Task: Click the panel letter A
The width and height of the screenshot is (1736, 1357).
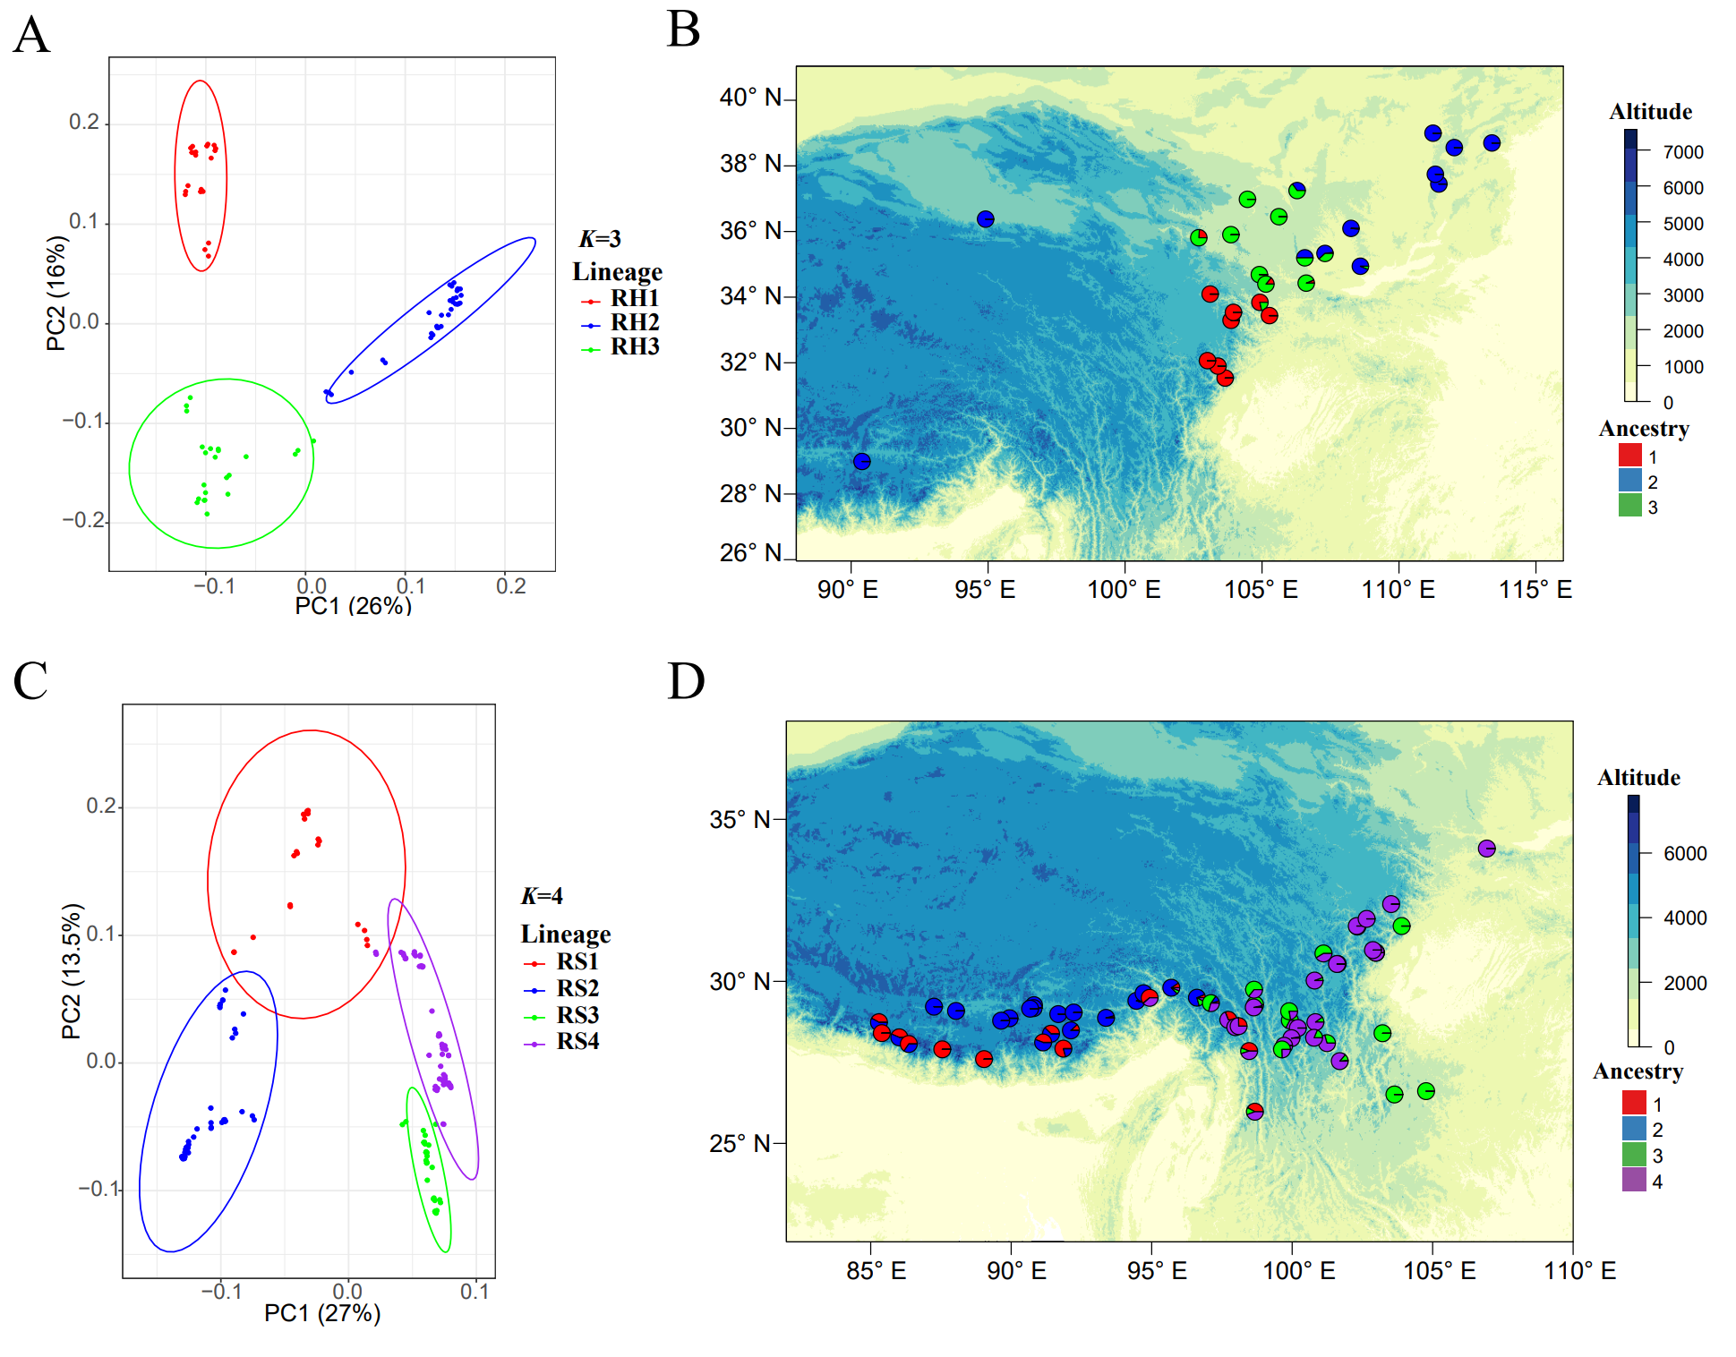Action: pyautogui.click(x=31, y=37)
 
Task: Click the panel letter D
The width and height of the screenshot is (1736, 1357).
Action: pyautogui.click(x=686, y=681)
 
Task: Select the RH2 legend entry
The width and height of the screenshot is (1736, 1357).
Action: pyautogui.click(x=634, y=322)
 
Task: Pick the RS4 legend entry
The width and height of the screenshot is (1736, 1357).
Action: pyautogui.click(x=577, y=1042)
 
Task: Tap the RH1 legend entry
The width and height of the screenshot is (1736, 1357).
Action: pyautogui.click(x=634, y=298)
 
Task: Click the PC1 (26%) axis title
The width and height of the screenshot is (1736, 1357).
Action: pyautogui.click(x=353, y=606)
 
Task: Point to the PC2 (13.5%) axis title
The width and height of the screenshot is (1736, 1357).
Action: pyautogui.click(x=72, y=971)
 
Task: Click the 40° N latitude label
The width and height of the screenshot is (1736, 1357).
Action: pyautogui.click(x=750, y=98)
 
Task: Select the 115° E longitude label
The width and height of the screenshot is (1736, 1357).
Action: pyautogui.click(x=1535, y=590)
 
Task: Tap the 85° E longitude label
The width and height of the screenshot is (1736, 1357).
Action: pyautogui.click(x=876, y=1271)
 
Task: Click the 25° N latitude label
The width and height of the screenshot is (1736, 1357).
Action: pyautogui.click(x=740, y=1143)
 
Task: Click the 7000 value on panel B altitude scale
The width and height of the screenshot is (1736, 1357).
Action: pyautogui.click(x=1683, y=152)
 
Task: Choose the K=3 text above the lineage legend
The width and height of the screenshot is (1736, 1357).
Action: pyautogui.click(x=600, y=239)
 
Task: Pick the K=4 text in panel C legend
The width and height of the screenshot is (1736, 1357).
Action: pyautogui.click(x=542, y=896)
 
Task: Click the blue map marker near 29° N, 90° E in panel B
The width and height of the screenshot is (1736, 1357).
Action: pyautogui.click(x=861, y=462)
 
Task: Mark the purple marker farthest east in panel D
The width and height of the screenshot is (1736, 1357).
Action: pyautogui.click(x=1486, y=849)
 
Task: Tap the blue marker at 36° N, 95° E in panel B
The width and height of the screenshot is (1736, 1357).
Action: pyautogui.click(x=985, y=219)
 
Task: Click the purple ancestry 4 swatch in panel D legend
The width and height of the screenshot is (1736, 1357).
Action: pyautogui.click(x=1634, y=1181)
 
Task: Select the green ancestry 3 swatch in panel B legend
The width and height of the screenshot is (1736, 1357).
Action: pyautogui.click(x=1629, y=507)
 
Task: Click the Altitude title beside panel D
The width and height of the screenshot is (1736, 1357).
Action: pyautogui.click(x=1638, y=778)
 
